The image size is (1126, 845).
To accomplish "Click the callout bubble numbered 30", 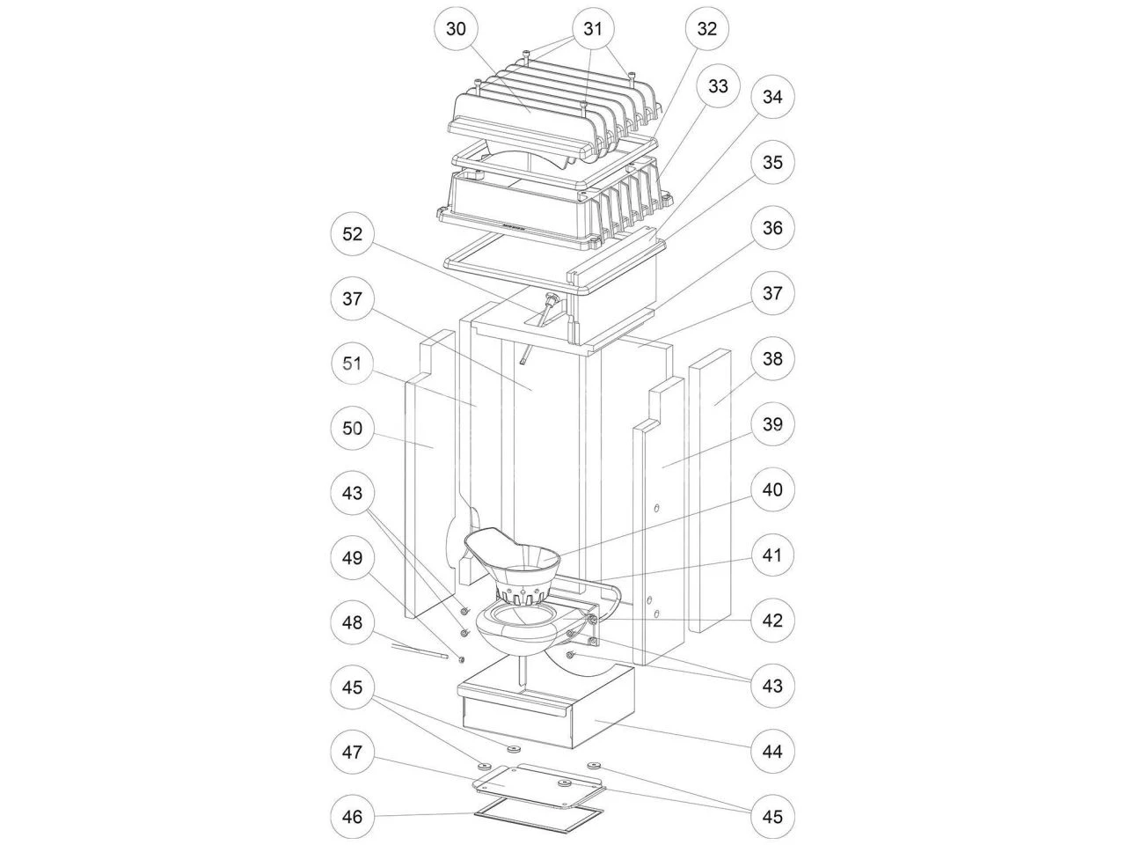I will click(x=456, y=28).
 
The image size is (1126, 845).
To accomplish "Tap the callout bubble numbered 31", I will click(x=593, y=28).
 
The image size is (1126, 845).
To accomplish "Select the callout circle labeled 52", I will click(x=352, y=234).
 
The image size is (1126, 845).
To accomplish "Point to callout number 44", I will click(x=771, y=752).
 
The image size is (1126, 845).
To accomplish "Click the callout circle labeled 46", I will click(x=352, y=817).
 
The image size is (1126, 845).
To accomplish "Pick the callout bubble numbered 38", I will click(x=771, y=359).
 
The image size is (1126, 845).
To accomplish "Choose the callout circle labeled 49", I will click(x=352, y=558).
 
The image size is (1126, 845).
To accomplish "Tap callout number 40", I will click(x=771, y=489).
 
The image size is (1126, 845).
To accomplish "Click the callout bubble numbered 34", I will click(x=771, y=97).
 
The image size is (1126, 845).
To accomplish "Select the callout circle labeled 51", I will click(x=352, y=364).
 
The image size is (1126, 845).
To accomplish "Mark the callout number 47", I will click(x=352, y=752).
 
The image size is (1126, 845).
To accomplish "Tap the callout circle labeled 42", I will click(x=771, y=620).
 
